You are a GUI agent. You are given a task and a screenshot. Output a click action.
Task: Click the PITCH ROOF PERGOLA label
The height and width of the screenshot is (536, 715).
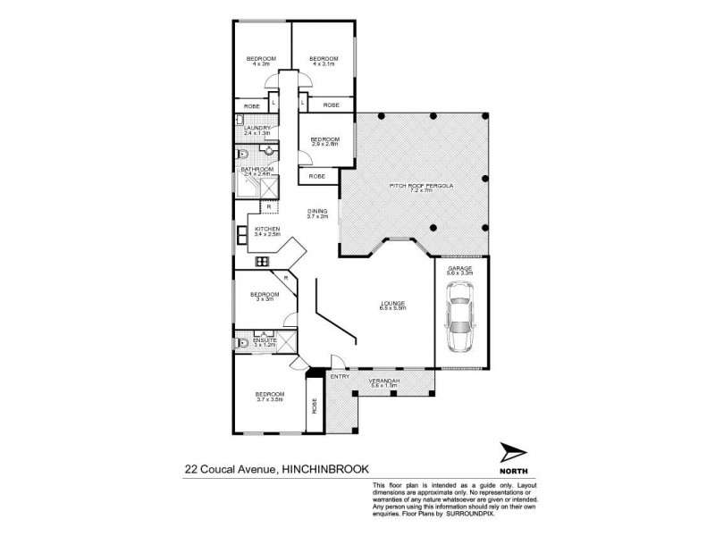click(x=411, y=187)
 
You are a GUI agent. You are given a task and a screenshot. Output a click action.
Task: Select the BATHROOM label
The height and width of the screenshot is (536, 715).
click(x=257, y=169)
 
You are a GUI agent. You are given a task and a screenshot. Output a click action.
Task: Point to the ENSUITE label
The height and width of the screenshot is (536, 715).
click(x=265, y=340)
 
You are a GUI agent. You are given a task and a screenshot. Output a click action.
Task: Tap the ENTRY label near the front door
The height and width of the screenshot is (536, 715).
click(x=340, y=376)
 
